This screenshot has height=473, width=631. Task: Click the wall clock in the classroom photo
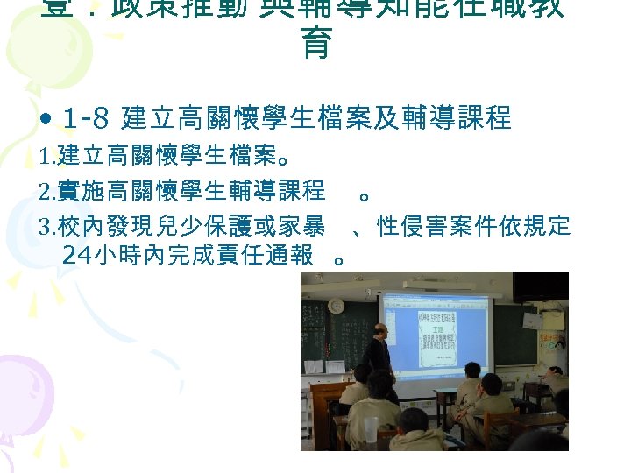pos(337,306)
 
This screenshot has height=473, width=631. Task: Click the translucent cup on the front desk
pos(372,428)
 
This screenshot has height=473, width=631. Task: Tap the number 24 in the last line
pos(80,255)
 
